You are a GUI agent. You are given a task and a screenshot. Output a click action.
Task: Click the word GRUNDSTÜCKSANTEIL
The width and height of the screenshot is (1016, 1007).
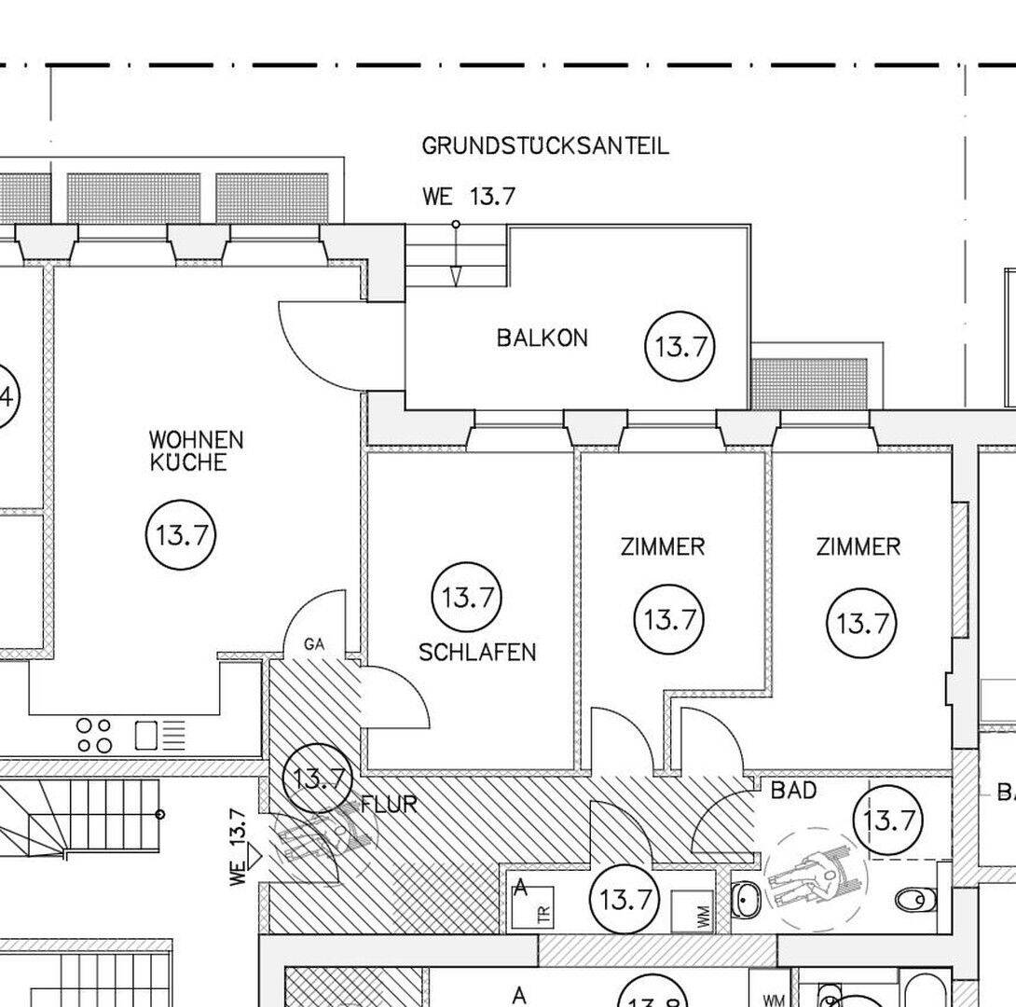point(545,146)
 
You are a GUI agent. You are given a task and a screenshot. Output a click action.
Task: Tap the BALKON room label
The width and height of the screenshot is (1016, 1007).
point(542,338)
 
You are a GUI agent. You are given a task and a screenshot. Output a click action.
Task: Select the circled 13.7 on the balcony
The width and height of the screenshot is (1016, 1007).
point(680,347)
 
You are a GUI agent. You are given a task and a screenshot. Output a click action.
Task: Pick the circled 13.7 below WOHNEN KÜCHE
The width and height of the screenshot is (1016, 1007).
point(181,536)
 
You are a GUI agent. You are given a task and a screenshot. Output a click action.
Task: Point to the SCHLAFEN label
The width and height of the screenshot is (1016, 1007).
point(477,652)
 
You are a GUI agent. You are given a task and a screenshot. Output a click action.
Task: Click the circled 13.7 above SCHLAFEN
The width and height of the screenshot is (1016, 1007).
point(467,597)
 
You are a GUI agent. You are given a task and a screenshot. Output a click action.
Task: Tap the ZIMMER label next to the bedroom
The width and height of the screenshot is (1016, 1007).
point(663,546)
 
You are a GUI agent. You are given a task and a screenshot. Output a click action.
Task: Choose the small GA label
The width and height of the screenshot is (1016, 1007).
point(313,643)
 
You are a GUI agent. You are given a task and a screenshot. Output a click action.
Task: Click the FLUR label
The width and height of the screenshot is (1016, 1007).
point(389,804)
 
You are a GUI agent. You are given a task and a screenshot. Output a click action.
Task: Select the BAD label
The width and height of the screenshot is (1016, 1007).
point(793,791)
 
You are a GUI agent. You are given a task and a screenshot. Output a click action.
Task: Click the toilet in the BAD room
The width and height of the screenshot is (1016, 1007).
point(913,900)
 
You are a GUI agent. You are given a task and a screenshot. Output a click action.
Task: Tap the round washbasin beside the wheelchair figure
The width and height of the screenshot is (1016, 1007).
point(747,900)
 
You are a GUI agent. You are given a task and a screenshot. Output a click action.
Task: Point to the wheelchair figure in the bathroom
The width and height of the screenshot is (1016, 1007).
point(811,876)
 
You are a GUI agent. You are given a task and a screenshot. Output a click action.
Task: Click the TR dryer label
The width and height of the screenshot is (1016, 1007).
point(544,915)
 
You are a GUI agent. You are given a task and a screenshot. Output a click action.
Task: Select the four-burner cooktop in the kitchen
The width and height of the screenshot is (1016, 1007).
point(93,735)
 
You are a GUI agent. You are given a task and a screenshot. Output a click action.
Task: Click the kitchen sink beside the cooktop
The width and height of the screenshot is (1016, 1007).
point(147,735)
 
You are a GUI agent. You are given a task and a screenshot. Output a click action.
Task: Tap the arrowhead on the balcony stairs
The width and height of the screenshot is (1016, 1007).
point(456,276)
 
